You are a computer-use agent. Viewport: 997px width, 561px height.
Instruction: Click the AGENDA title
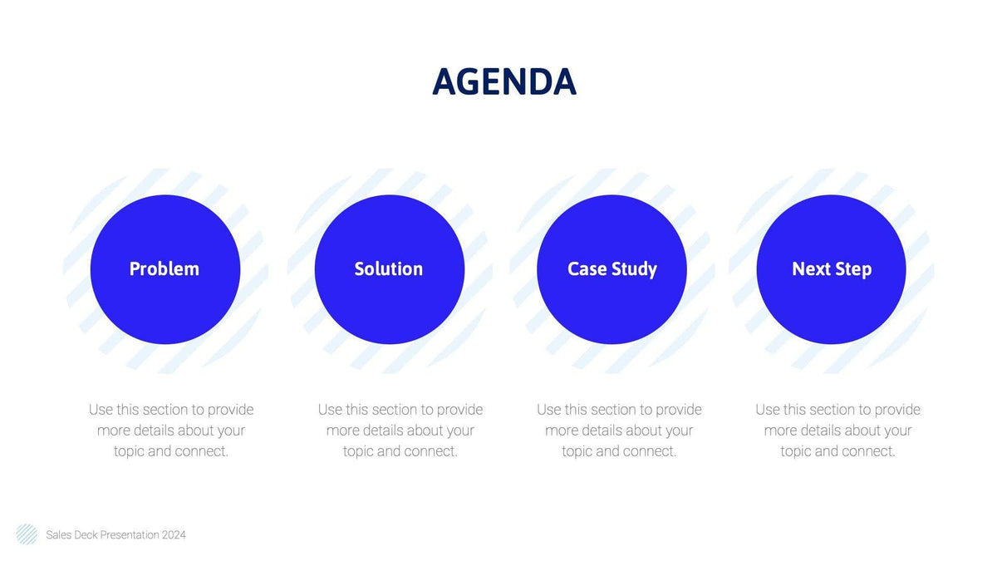click(503, 81)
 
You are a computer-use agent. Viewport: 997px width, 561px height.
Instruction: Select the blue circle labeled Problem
click(165, 303)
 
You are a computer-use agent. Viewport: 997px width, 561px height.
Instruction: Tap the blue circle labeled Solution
click(389, 303)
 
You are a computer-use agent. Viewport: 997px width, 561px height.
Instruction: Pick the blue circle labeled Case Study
click(611, 303)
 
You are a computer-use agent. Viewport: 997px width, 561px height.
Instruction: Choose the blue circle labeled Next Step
click(831, 303)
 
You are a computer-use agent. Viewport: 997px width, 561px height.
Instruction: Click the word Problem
click(165, 269)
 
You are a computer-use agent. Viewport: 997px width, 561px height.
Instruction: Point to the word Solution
click(389, 269)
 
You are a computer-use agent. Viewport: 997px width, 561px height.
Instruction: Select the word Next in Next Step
click(811, 269)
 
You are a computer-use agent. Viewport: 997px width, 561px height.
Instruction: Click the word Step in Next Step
click(853, 269)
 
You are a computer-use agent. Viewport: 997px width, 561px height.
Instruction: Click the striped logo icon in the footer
click(27, 534)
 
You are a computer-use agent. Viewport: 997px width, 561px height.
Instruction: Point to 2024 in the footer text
click(174, 535)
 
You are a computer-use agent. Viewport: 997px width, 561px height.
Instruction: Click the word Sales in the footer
click(58, 535)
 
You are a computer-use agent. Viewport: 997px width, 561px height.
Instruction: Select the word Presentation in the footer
click(129, 535)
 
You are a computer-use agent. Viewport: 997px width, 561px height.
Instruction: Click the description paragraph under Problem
click(171, 431)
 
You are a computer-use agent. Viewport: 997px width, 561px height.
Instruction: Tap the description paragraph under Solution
click(400, 431)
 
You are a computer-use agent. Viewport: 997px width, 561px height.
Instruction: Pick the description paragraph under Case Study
click(619, 431)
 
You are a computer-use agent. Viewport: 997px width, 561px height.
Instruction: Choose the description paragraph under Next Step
click(837, 431)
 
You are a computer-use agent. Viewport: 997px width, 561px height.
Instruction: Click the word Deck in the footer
click(86, 535)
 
